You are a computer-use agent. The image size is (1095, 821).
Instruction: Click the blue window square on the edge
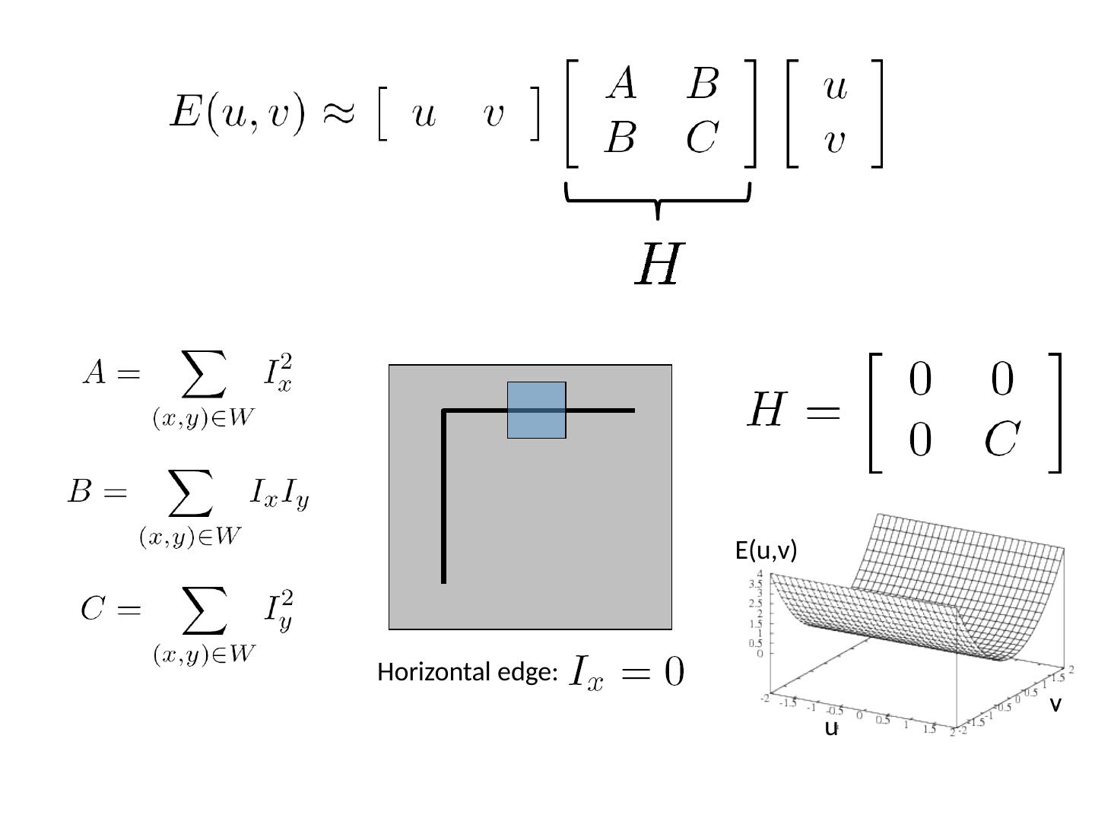tap(536, 410)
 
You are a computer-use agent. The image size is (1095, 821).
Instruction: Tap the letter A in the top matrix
tap(621, 84)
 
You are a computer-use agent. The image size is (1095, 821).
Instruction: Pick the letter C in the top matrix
tap(701, 138)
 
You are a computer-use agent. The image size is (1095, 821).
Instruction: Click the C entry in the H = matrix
tap(1001, 439)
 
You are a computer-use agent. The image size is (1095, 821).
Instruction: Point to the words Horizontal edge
tap(468, 673)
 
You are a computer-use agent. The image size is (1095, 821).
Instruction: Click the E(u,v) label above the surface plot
tap(766, 550)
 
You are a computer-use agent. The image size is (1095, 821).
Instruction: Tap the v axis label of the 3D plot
tap(1055, 705)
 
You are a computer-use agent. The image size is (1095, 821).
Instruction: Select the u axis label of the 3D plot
tap(831, 728)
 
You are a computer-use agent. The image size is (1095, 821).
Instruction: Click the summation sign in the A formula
tap(204, 374)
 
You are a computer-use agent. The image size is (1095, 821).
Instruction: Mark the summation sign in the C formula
tap(204, 610)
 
